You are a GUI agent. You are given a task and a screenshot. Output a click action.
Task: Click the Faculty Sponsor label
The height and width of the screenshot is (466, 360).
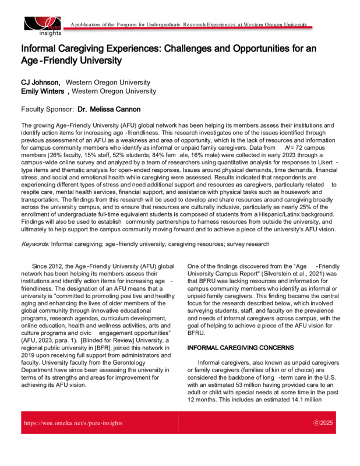pyautogui.click(x=47, y=110)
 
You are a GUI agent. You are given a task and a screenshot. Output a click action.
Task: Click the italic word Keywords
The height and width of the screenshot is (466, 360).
pyautogui.click(x=36, y=243)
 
